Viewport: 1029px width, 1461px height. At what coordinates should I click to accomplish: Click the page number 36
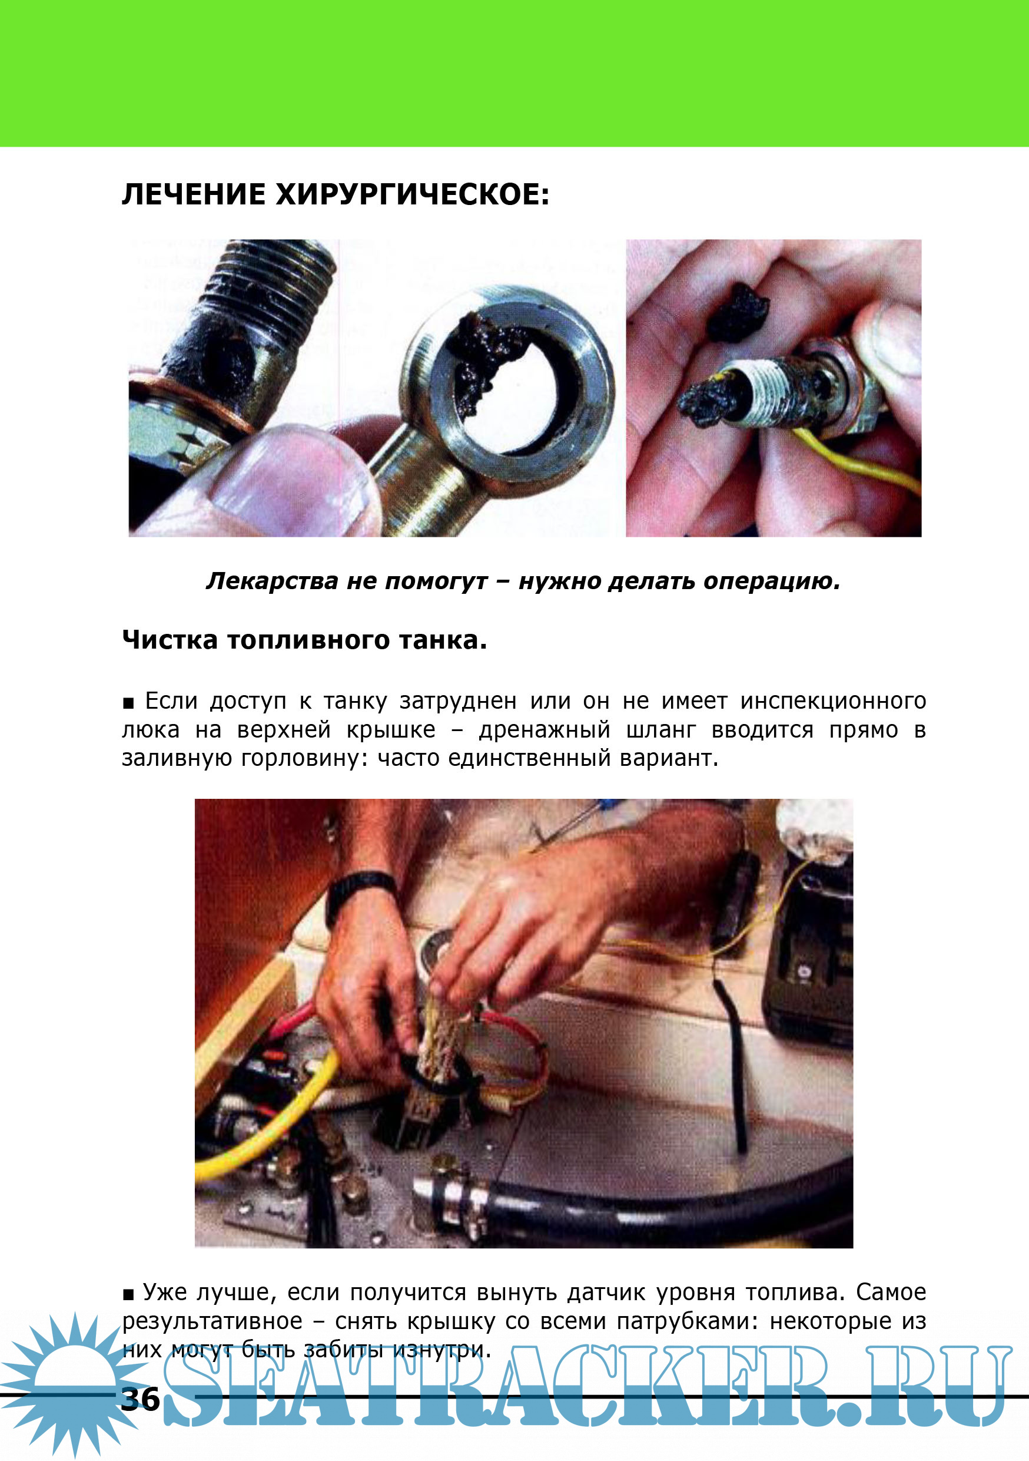(141, 1399)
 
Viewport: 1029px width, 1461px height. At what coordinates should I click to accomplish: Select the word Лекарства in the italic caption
(271, 581)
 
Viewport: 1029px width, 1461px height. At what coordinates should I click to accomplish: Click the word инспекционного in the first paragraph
(833, 700)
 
